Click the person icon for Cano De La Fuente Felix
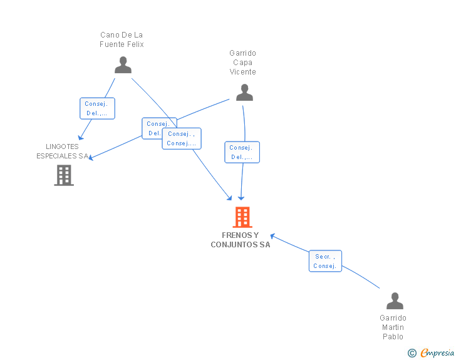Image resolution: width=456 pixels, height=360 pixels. point(123,65)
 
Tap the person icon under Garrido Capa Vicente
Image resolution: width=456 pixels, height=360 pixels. point(244,93)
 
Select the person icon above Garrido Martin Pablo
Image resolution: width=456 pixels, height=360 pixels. point(395,301)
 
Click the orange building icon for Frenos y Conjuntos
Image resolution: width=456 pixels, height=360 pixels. point(242,217)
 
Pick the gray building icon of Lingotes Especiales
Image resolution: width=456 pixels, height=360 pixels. point(64,175)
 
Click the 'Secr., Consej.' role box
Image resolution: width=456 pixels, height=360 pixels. point(325,261)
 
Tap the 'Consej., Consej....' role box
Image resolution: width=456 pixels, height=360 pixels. point(182,138)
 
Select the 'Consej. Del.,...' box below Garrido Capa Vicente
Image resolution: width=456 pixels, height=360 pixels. point(242,152)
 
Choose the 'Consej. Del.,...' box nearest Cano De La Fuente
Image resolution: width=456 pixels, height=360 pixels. point(98,108)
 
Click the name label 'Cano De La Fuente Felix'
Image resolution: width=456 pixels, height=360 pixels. point(122,39)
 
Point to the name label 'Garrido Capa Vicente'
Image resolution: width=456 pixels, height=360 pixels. point(242,63)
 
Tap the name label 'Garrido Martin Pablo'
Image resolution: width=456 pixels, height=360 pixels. point(393,327)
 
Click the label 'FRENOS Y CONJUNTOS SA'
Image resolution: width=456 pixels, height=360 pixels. point(241,240)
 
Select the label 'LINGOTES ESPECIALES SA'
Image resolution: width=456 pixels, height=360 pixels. point(62,151)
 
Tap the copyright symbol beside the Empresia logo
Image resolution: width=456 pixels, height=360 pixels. point(412,353)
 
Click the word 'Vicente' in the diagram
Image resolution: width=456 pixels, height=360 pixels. point(242,72)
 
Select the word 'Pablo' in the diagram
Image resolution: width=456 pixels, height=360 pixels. point(393,337)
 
